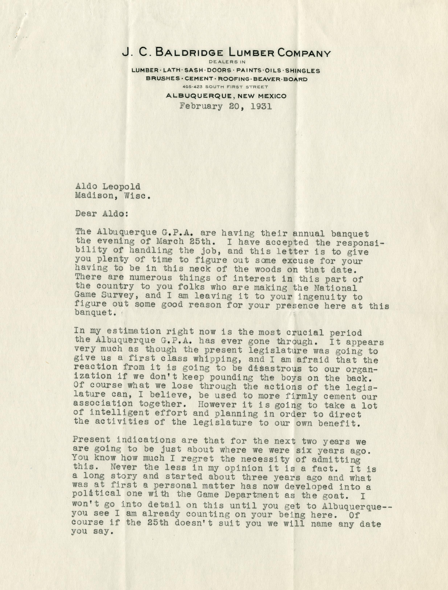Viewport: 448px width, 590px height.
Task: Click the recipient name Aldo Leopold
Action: point(107,186)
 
